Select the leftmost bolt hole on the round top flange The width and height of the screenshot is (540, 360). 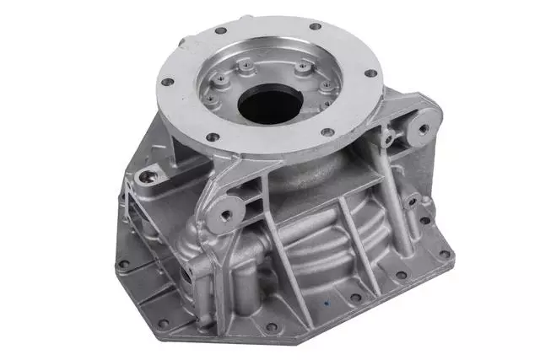click(x=167, y=83)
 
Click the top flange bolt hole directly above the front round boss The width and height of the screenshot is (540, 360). click(x=213, y=137)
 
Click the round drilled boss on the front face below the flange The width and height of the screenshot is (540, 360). click(x=224, y=214)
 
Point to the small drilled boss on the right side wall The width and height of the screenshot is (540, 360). click(x=412, y=201)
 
